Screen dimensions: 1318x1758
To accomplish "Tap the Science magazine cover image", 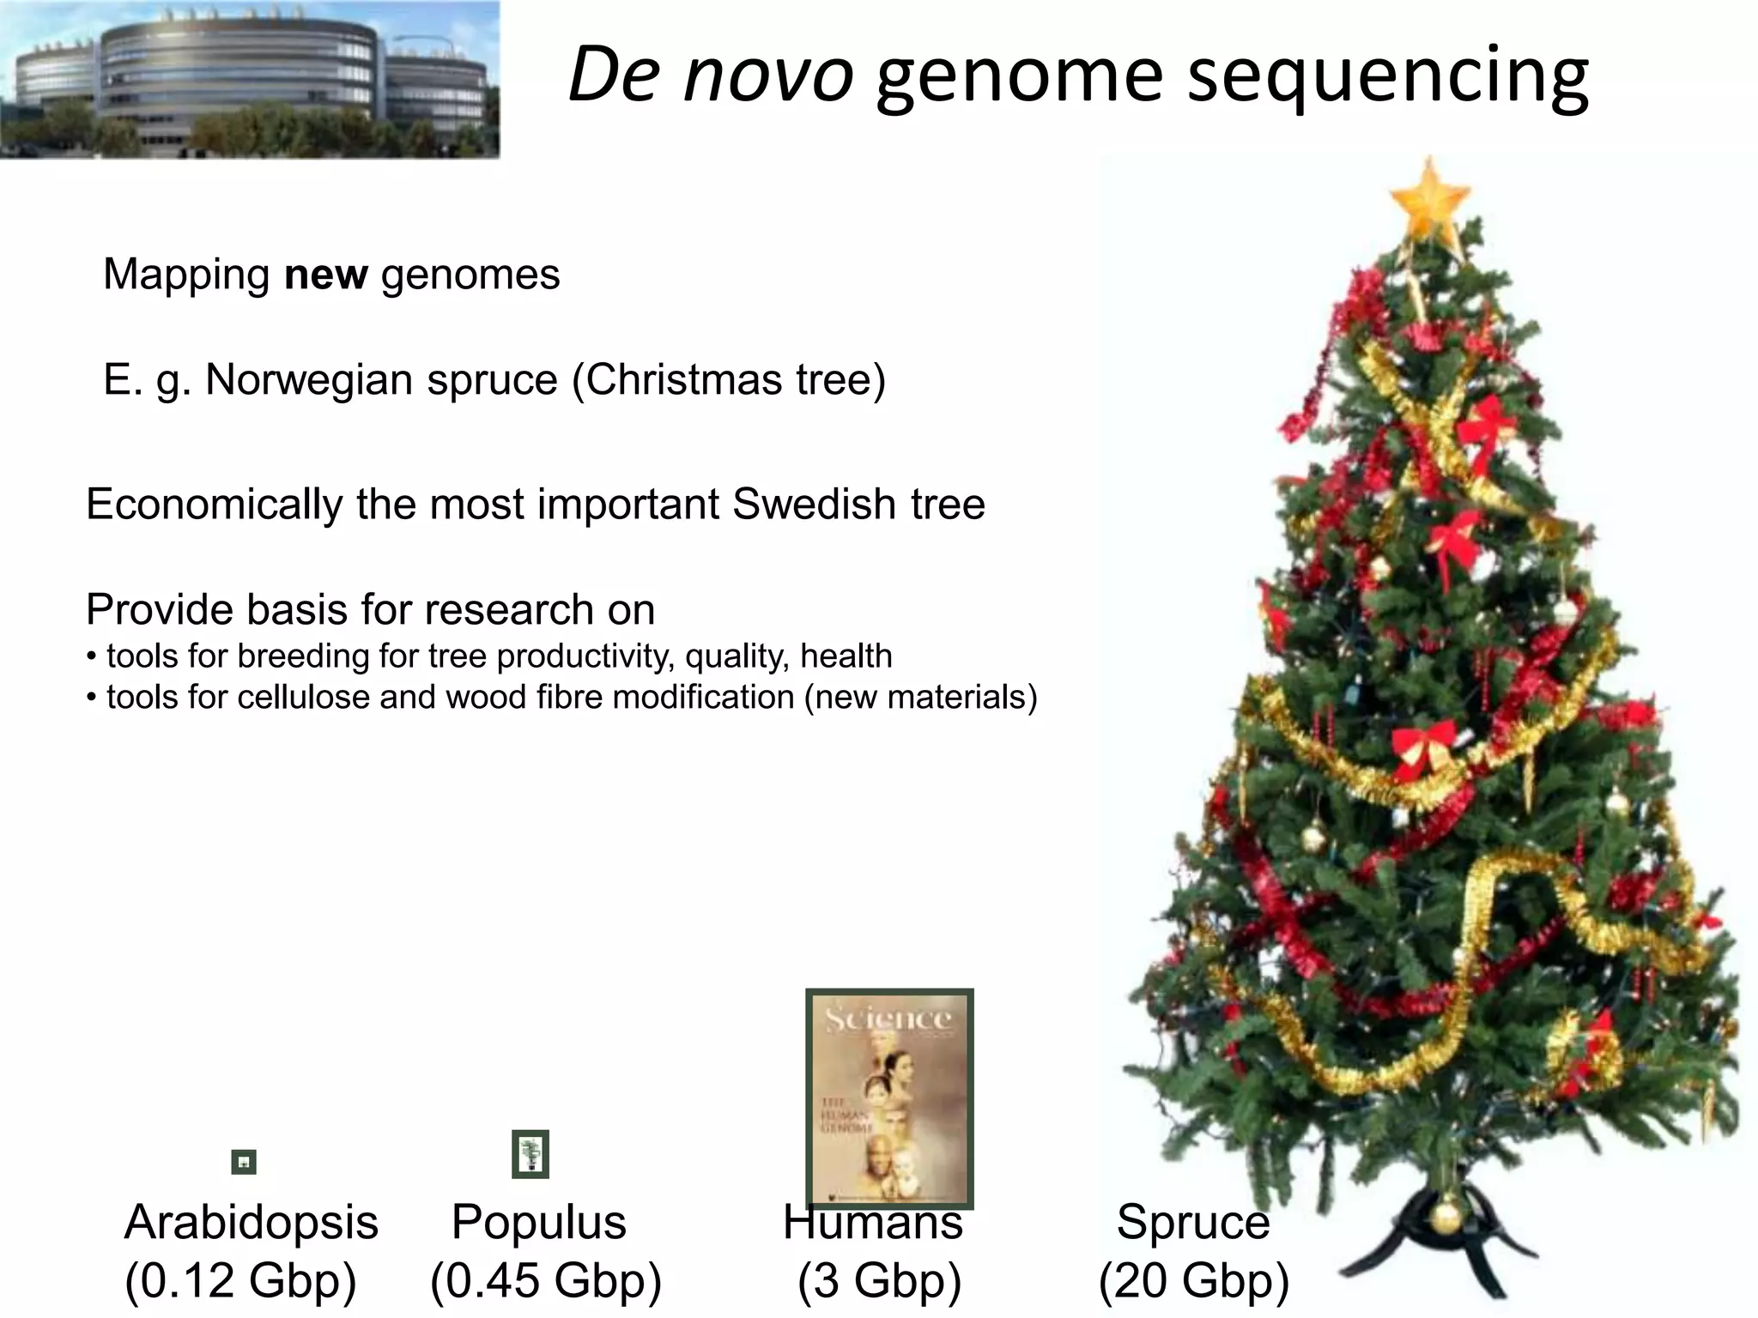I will (889, 1098).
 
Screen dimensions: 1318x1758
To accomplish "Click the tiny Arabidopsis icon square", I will (244, 1162).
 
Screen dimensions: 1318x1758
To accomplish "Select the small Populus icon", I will (530, 1154).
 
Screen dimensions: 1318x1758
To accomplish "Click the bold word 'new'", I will (325, 275).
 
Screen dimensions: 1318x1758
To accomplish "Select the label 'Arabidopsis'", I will (251, 1222).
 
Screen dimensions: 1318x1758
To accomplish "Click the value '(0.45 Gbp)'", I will (546, 1280).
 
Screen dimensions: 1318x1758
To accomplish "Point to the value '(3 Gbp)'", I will (879, 1280).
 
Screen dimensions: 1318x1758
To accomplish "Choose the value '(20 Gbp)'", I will (1194, 1280).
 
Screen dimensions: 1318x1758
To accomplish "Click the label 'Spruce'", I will (1193, 1222).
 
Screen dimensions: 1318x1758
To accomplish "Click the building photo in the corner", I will (249, 80).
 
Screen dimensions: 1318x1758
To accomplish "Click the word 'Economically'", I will (214, 505).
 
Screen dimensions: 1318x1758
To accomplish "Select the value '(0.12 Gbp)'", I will (240, 1280).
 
